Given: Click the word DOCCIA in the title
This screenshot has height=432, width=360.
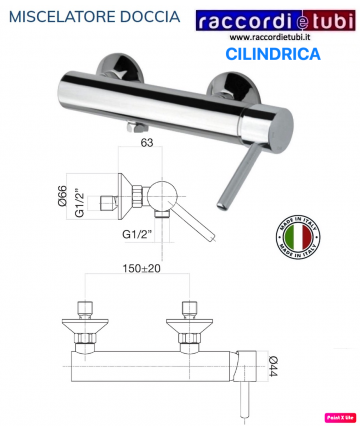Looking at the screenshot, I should coord(154,18).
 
